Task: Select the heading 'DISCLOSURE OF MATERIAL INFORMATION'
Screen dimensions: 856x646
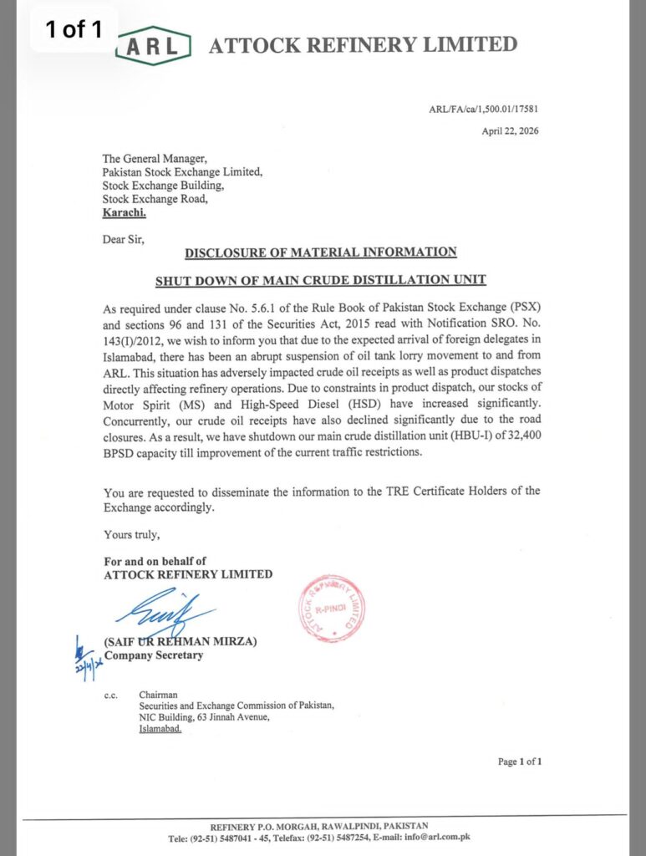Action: click(321, 252)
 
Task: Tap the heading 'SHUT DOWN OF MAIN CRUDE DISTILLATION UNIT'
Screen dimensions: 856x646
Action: click(321, 279)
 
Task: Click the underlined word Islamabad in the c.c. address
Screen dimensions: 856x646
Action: click(160, 728)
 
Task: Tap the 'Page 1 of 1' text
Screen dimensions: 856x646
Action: click(520, 762)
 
